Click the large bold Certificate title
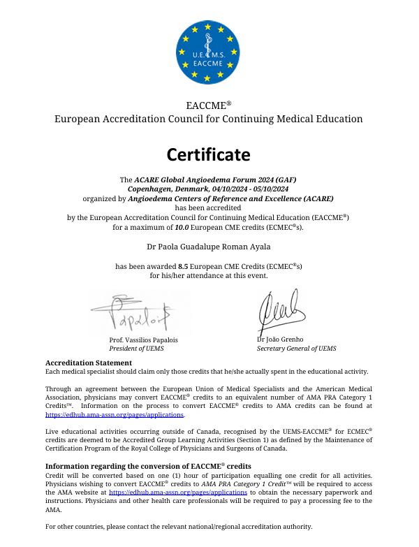[x=208, y=154]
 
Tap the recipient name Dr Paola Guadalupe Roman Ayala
[x=208, y=246]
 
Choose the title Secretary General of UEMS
[x=296, y=348]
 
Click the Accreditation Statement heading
[x=89, y=363]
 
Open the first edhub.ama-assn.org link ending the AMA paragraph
[x=104, y=414]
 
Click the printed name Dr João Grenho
[x=280, y=340]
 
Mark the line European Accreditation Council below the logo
[x=208, y=119]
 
